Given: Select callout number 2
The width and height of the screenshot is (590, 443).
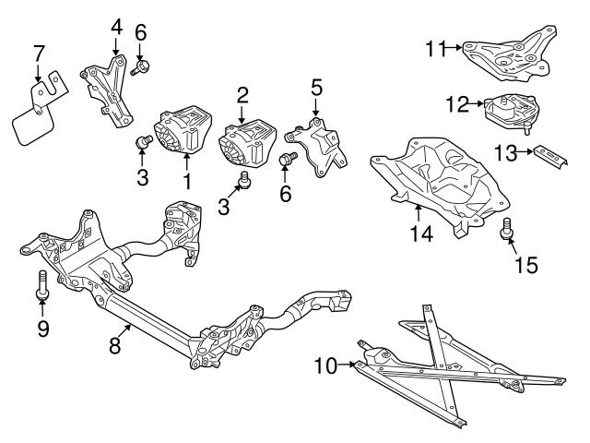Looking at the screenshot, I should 242,94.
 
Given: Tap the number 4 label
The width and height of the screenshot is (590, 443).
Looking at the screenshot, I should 116,26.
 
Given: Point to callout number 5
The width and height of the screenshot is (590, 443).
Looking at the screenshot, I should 316,89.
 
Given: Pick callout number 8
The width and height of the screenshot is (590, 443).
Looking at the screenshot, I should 115,345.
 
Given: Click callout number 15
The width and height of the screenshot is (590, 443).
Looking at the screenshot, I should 525,266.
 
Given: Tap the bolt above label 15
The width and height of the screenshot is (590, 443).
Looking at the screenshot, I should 506,228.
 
